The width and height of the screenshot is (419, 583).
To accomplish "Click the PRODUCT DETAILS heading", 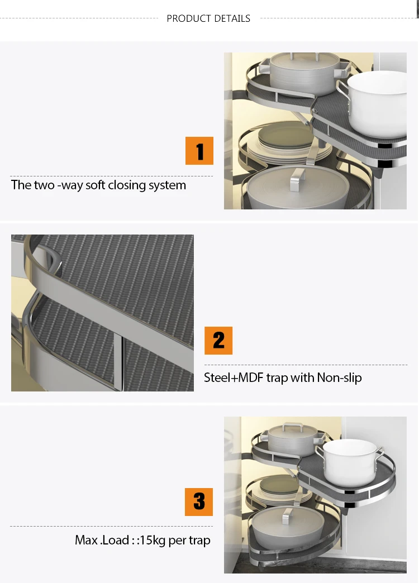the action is (208, 18).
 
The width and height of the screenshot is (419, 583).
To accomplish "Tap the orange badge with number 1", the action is (199, 151).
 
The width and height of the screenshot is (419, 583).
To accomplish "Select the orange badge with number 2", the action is (218, 341).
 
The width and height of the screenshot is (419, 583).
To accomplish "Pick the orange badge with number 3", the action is (199, 502).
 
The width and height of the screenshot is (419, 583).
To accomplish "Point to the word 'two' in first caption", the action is (44, 185).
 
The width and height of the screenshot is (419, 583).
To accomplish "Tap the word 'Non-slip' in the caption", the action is (339, 377).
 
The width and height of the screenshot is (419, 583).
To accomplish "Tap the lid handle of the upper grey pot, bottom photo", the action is (292, 427).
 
